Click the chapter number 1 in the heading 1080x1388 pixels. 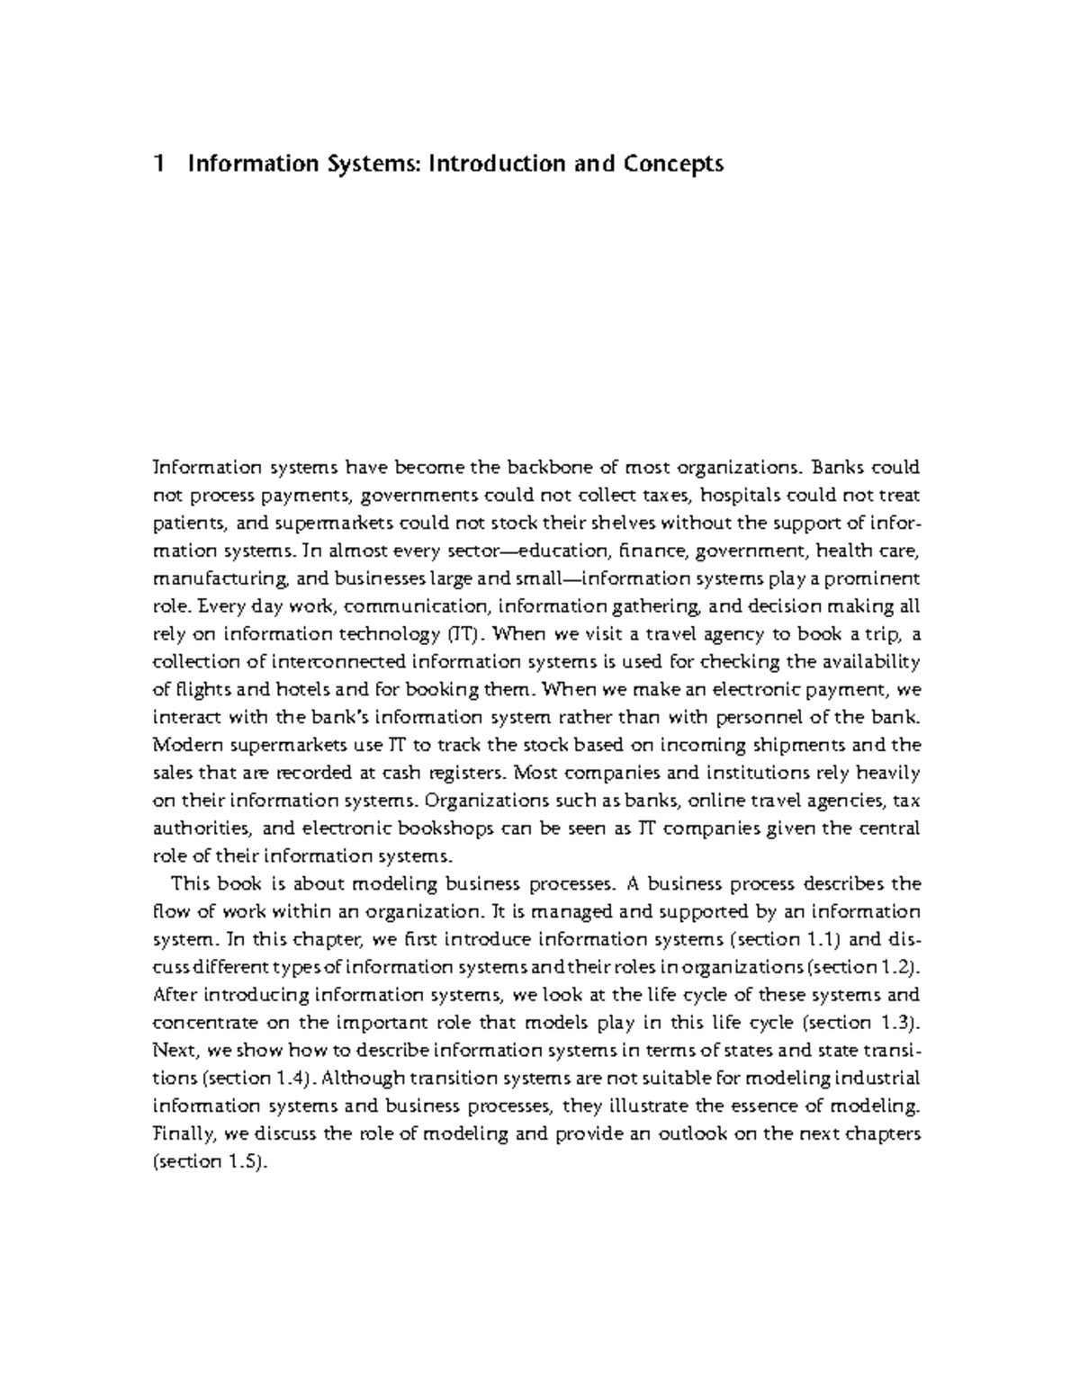(x=160, y=165)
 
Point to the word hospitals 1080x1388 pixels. (x=742, y=496)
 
